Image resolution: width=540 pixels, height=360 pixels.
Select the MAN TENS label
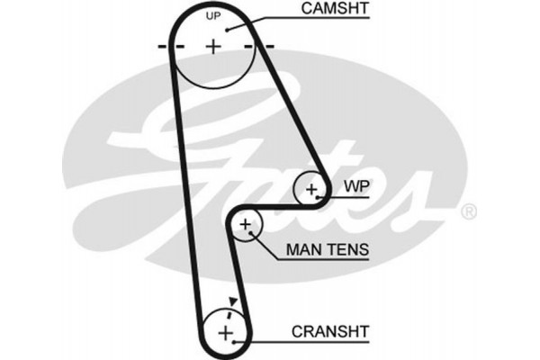coord(327,249)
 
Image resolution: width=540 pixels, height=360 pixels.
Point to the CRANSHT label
coord(329,331)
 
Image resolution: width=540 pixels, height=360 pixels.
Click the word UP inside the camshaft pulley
coord(213,17)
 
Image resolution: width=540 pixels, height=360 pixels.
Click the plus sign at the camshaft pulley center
coord(213,46)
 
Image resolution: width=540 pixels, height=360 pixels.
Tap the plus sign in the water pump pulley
coord(311,189)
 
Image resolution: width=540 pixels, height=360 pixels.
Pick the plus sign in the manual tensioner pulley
coord(245,224)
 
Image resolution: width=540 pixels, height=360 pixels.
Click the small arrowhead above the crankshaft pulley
coord(234,302)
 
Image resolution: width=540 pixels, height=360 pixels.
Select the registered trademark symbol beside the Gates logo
coord(468,213)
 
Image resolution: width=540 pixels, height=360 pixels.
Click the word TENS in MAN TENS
coord(346,249)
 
